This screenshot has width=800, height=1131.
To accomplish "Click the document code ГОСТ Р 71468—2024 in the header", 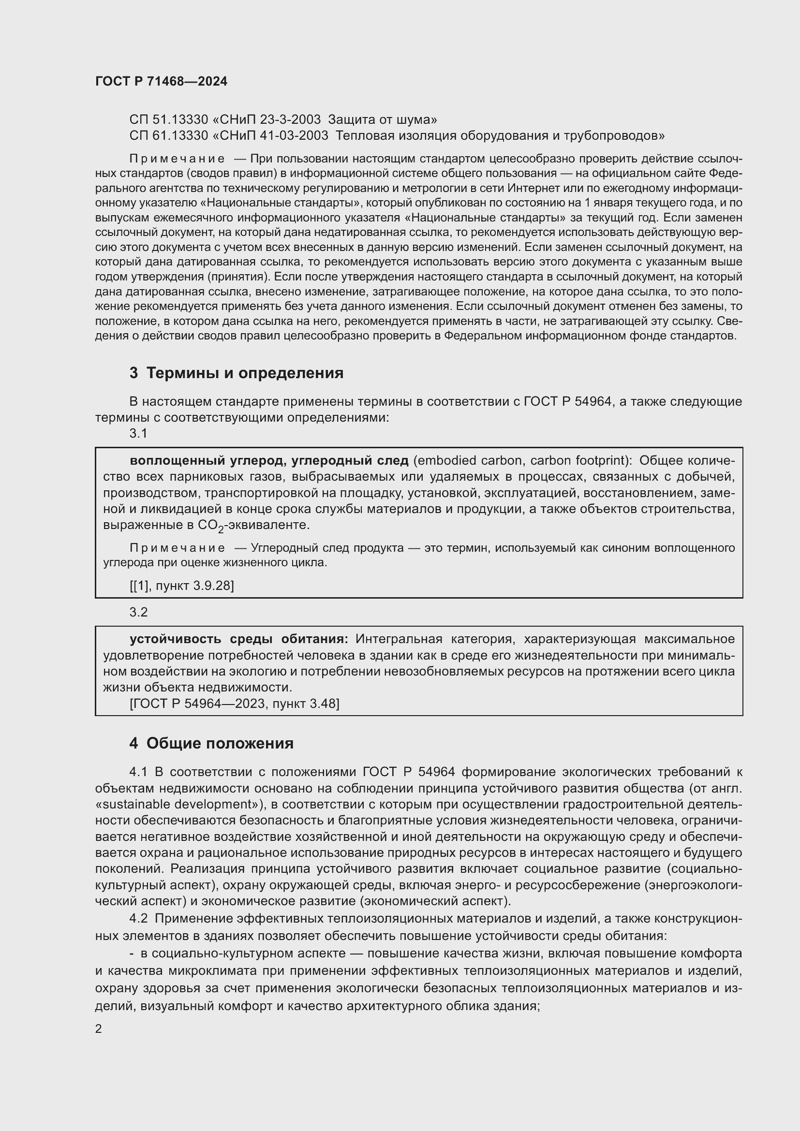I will click(x=161, y=82).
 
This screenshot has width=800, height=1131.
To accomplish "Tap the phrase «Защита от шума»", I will click(x=382, y=120).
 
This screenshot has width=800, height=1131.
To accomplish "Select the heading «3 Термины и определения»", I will click(x=237, y=373).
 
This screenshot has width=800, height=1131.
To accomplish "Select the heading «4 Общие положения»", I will click(x=211, y=743).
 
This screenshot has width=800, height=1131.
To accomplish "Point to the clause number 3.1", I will click(x=138, y=433).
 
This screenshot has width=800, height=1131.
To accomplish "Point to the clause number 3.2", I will click(x=138, y=612).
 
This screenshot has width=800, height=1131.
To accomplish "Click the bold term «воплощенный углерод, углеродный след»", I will click(x=269, y=461).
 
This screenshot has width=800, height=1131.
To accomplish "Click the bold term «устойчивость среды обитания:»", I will click(x=239, y=639).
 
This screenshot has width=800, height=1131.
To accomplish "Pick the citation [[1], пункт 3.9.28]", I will click(x=181, y=586).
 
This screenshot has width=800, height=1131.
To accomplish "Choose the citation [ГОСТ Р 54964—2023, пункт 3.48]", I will click(x=235, y=704).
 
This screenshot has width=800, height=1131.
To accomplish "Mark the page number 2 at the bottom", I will click(x=99, y=1029).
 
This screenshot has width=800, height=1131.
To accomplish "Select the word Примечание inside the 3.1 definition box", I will click(x=178, y=548).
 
